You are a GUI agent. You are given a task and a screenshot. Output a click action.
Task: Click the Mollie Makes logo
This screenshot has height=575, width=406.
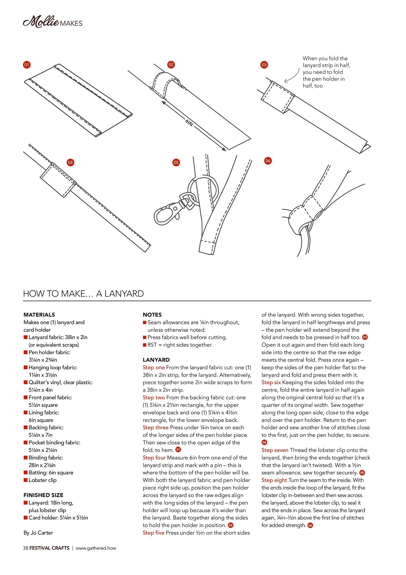coord(52,22)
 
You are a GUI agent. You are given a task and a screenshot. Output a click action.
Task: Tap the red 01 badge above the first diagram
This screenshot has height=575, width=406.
coord(27,65)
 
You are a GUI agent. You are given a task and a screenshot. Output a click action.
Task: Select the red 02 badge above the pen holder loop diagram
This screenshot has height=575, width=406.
coord(171,65)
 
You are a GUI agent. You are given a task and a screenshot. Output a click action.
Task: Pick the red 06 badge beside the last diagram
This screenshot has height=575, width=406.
coord(268,161)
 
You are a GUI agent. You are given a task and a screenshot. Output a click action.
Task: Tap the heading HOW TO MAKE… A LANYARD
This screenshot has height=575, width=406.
coord(83,293)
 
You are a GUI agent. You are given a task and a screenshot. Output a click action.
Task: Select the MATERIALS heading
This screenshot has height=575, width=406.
coord(39,315)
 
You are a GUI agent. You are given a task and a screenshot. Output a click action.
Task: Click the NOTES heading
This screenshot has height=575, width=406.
coord(152,315)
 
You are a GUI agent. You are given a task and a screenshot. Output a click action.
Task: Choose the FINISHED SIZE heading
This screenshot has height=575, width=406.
coord(43,495)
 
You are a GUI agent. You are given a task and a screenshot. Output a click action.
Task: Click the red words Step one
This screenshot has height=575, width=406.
coord(153,367)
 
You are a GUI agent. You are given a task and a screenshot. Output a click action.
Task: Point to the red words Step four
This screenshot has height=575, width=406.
coord(154,458)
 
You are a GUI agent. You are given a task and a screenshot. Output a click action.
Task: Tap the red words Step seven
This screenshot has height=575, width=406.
coord(275,450)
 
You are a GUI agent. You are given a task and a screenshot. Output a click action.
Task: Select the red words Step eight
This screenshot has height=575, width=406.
coord(274,480)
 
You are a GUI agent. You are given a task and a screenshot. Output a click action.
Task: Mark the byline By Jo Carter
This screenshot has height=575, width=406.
coord(38,532)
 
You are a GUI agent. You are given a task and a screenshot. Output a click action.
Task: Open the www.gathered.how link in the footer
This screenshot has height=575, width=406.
coord(96,548)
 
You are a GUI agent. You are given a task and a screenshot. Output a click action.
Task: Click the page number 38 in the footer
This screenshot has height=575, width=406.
coord(26,548)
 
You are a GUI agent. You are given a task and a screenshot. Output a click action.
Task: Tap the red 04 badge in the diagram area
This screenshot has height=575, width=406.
coord(70,162)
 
